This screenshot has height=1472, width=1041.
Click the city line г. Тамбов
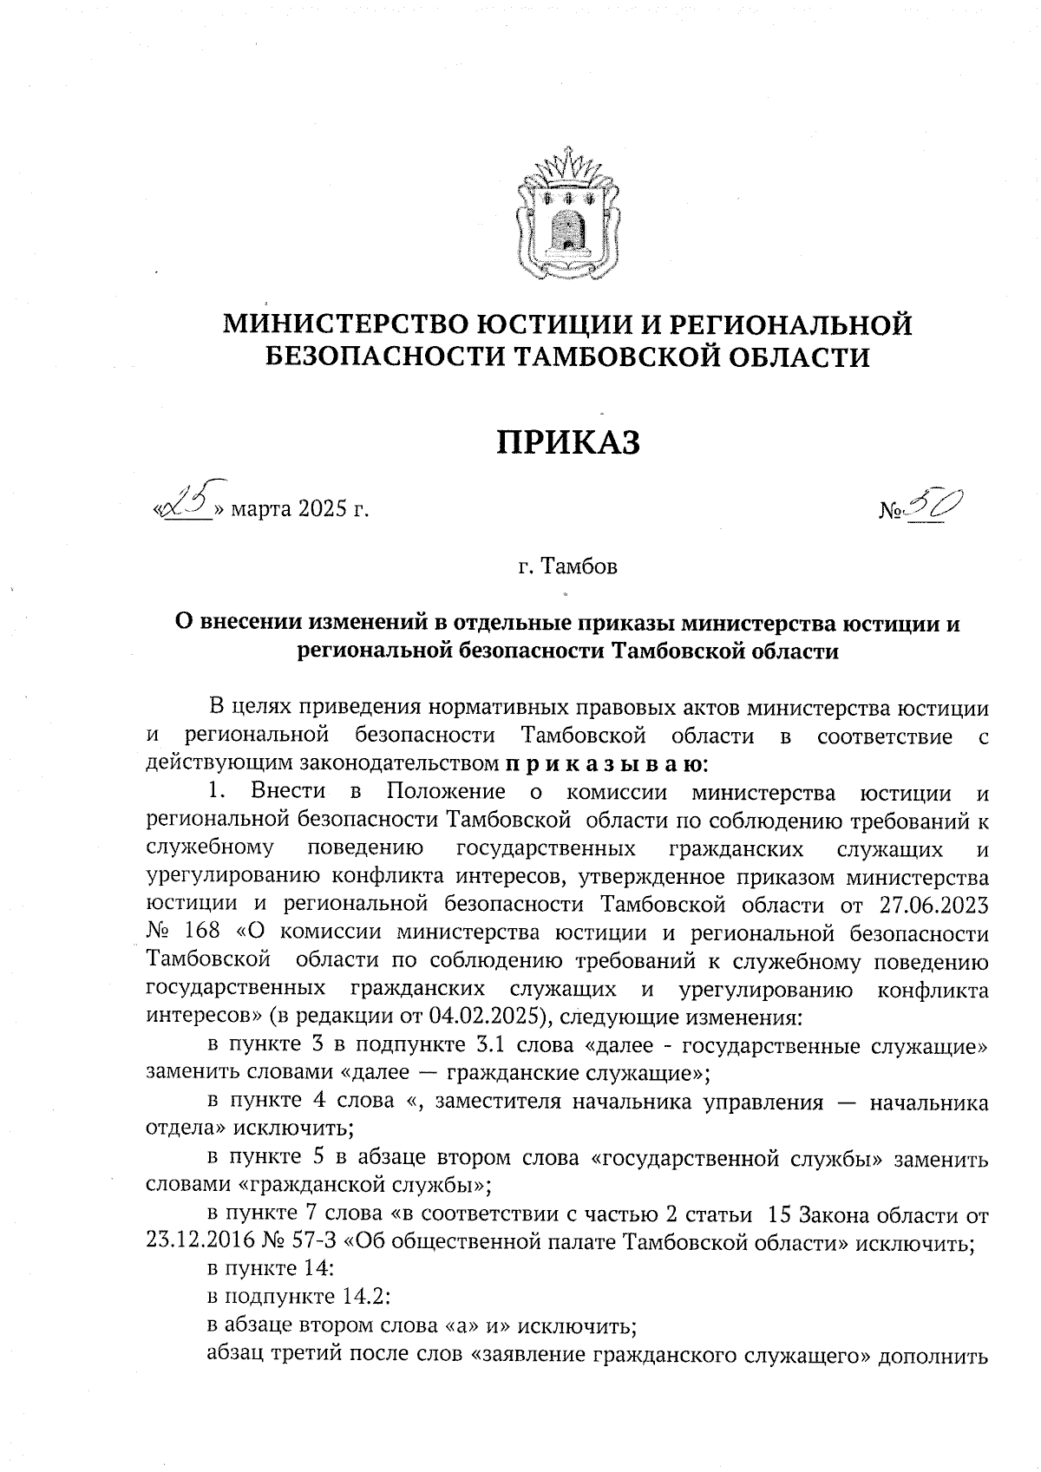567,568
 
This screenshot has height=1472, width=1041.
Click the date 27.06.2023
933,906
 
